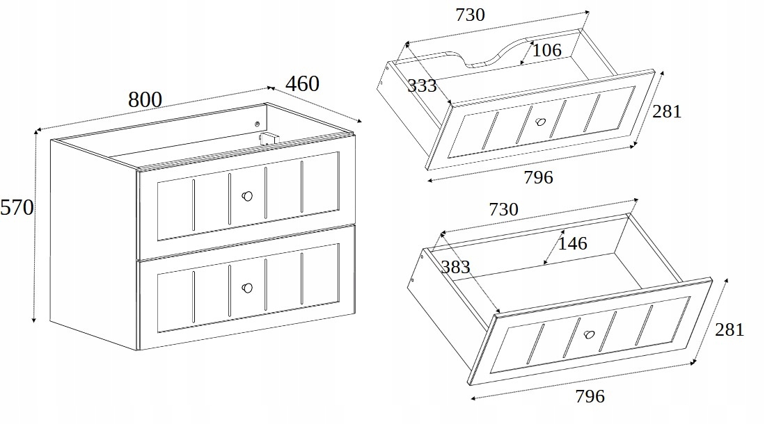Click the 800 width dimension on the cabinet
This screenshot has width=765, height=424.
(145, 99)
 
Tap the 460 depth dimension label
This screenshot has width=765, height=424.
(303, 84)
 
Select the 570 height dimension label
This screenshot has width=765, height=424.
(17, 208)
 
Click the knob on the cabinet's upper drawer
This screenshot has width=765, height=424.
(247, 196)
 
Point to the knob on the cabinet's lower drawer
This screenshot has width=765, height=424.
(247, 288)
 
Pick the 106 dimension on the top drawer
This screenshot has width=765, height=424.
(546, 50)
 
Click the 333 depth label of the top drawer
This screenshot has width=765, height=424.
(422, 85)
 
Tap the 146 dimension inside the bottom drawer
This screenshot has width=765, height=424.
(572, 243)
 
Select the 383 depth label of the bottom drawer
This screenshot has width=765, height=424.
(455, 267)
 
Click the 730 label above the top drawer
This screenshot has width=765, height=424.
(471, 15)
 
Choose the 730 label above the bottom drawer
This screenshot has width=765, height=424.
(503, 209)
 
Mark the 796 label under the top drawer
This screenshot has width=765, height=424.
(539, 177)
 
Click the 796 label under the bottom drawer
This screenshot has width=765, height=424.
(590, 396)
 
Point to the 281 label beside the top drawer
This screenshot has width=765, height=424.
(667, 112)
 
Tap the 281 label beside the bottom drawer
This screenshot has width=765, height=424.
(729, 330)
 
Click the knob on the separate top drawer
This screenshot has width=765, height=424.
(540, 122)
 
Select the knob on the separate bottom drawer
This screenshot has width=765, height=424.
(590, 335)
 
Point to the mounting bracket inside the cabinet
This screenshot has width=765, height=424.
(267, 138)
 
